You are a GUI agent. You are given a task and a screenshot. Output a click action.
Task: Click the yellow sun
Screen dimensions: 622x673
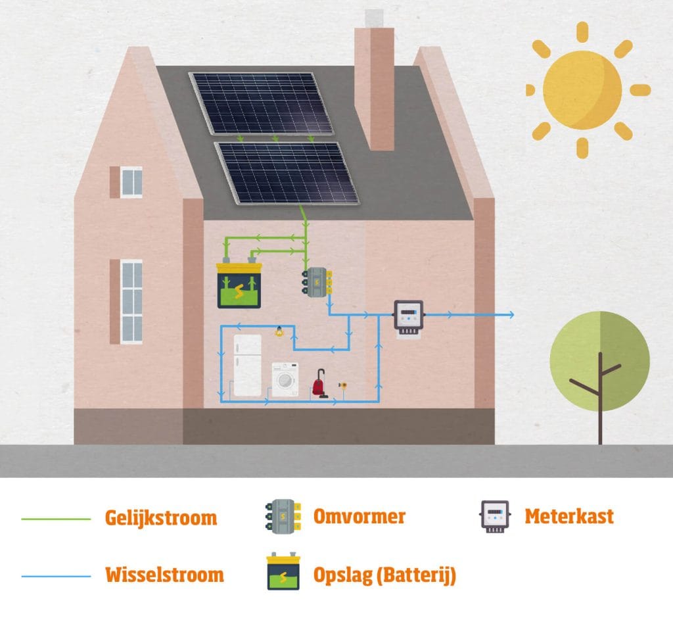(582, 90)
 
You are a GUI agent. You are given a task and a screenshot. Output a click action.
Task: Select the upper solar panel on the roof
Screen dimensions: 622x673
(262, 103)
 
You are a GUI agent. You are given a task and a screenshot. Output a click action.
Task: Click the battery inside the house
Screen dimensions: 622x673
(240, 285)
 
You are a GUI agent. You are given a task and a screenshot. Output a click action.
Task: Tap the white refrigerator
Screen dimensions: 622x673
(247, 366)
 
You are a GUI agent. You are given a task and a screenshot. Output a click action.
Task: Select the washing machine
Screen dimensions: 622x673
(285, 380)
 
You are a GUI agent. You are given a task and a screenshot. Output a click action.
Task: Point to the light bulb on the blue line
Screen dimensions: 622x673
(278, 331)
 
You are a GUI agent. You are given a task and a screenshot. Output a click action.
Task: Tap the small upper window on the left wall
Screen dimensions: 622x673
(131, 182)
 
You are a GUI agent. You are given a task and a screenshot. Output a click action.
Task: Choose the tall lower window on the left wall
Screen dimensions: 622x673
(131, 301)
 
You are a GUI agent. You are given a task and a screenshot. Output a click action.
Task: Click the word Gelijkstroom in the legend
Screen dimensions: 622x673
(160, 517)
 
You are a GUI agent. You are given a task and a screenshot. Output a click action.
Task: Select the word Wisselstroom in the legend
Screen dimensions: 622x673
(164, 575)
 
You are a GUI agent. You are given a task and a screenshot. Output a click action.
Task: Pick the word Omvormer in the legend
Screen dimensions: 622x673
(359, 516)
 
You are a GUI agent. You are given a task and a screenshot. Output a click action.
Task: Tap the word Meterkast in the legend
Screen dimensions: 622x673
(569, 516)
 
